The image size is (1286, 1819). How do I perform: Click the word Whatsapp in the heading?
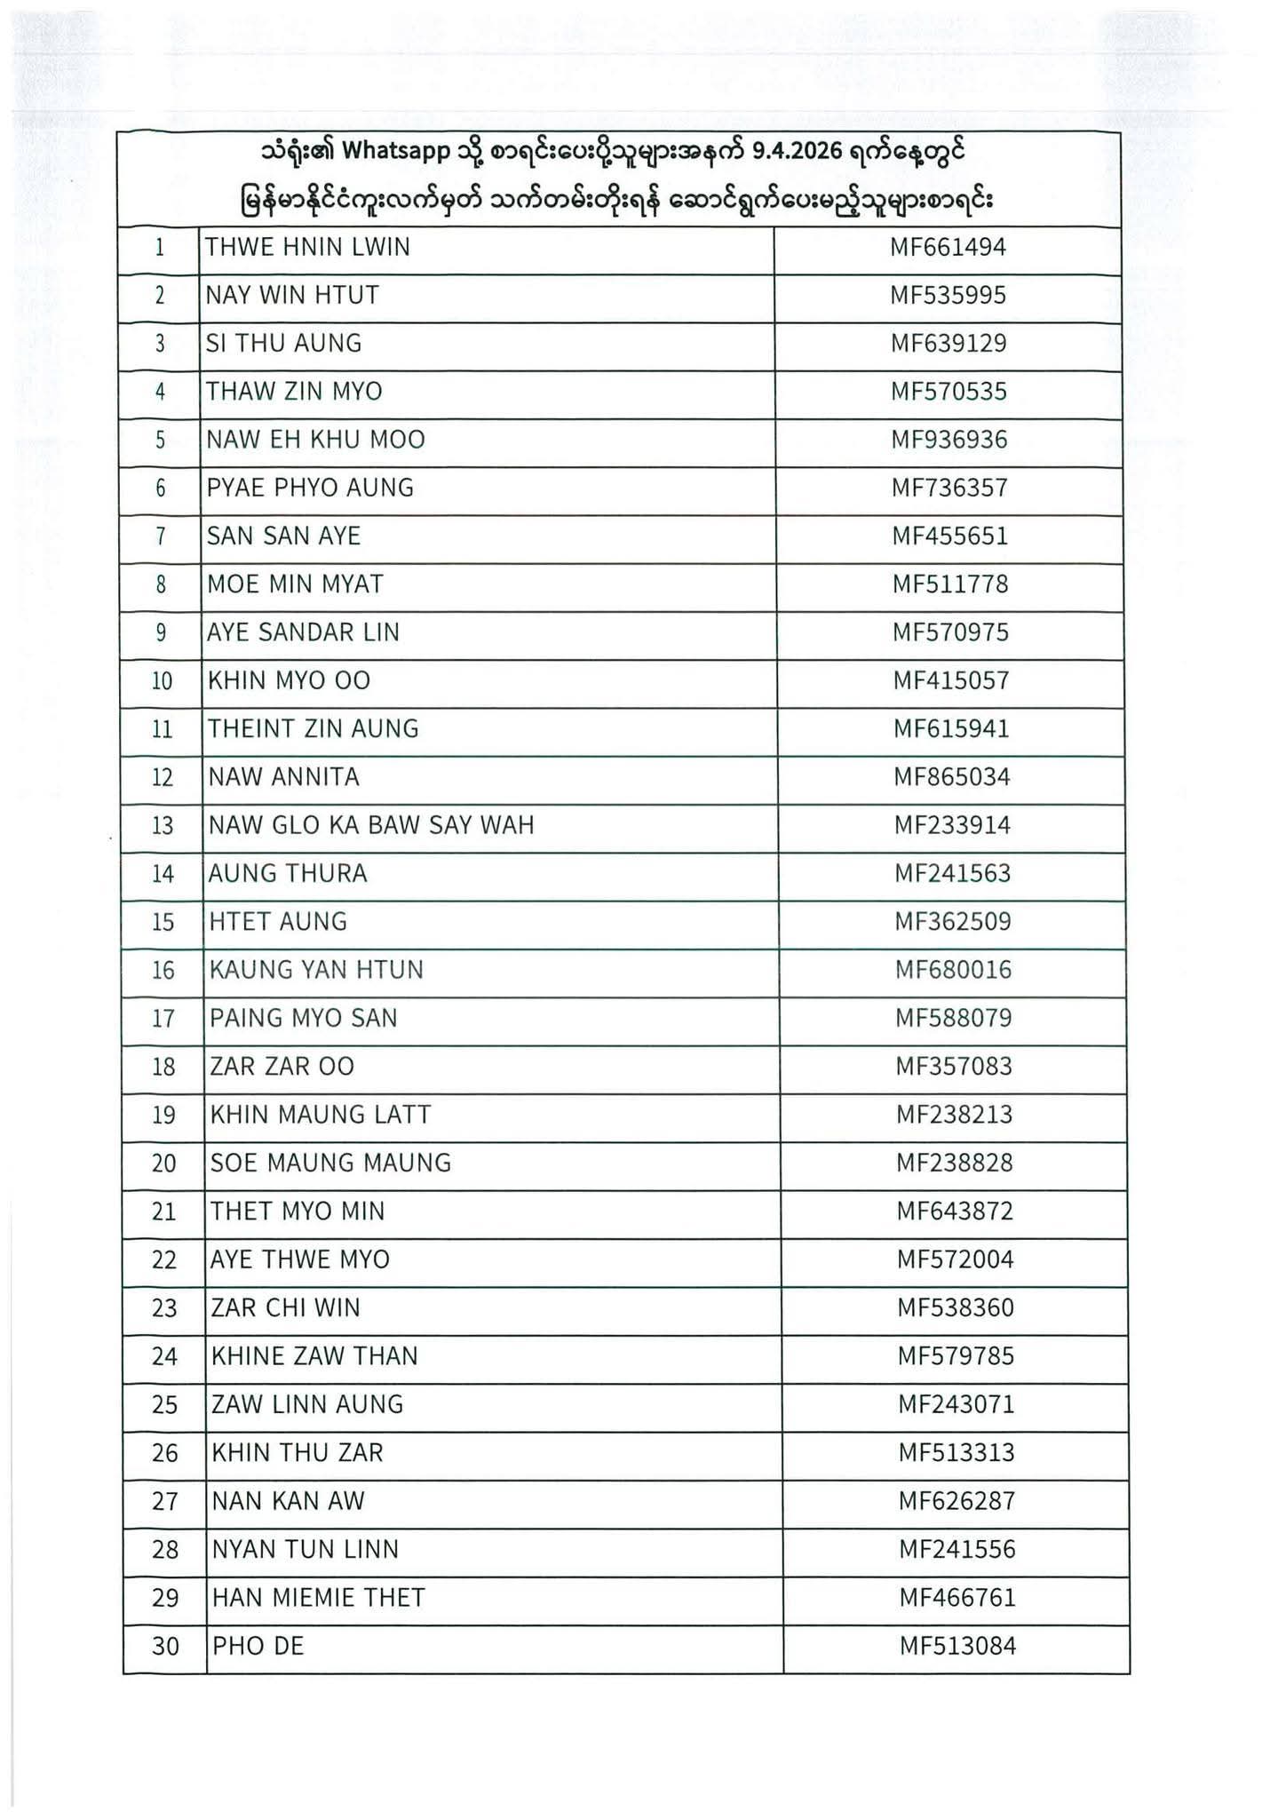[396, 152]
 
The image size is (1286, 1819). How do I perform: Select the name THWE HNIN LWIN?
[307, 247]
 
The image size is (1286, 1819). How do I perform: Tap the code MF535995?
[948, 295]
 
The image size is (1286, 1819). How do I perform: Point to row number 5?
[160, 440]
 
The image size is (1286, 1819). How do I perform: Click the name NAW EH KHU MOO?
[315, 440]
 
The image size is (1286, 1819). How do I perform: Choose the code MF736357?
[949, 488]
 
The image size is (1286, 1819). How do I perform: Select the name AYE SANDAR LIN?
[303, 632]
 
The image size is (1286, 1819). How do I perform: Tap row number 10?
[162, 681]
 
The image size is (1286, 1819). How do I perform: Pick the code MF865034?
[951, 777]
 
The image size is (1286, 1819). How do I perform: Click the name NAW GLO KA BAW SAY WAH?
[371, 825]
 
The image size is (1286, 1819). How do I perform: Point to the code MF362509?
[952, 921]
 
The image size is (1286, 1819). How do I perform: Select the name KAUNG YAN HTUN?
[316, 970]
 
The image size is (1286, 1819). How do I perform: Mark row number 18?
[163, 1066]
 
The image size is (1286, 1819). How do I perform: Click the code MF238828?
[954, 1163]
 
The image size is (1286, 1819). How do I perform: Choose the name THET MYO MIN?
[298, 1211]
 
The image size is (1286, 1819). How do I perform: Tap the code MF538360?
[955, 1307]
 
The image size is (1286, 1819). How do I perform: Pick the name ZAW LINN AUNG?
[307, 1404]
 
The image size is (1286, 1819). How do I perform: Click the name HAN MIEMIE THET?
[318, 1598]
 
